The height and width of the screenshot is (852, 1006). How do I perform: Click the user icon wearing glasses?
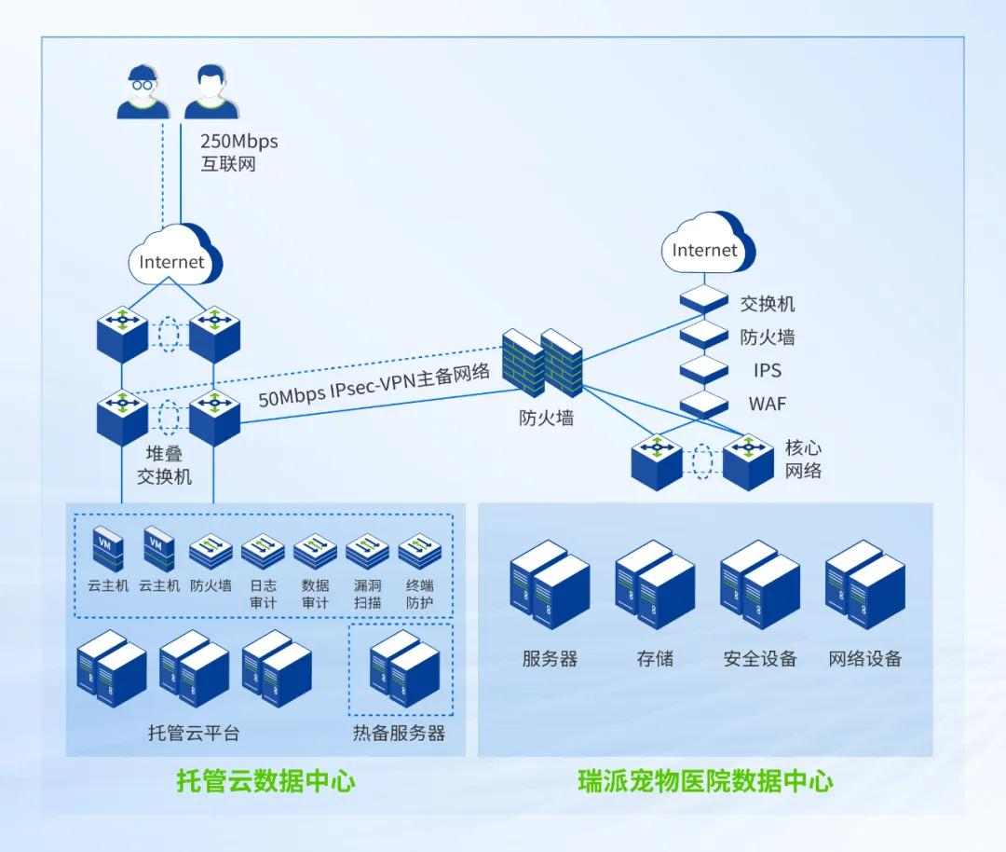143,92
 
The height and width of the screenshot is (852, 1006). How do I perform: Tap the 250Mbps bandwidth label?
238,142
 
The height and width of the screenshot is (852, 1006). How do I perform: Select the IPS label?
768,370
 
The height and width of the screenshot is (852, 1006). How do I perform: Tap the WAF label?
768,405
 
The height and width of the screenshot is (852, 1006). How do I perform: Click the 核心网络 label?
803,459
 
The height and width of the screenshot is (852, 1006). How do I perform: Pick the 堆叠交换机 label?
164,465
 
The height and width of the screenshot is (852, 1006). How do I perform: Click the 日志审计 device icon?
263,553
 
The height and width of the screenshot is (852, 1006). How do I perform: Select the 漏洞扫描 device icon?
367,553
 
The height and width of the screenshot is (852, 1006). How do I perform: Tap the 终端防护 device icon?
419,553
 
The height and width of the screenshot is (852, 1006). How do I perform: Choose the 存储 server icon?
654,584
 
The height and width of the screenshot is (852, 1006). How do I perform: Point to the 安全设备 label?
760,659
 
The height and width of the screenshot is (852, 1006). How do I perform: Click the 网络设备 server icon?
864,584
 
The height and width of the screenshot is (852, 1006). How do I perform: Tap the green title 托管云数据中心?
266,780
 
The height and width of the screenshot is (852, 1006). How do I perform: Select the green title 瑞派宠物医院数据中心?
705,780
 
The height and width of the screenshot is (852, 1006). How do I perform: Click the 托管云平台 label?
194,733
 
